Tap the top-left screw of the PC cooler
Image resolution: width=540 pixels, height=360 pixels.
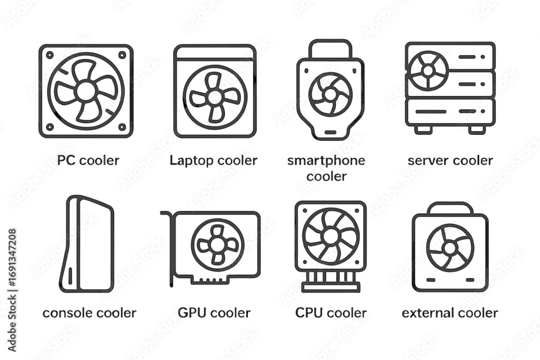50,55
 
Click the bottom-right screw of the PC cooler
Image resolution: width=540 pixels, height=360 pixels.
122,127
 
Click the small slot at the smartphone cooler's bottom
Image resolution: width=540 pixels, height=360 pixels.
330,132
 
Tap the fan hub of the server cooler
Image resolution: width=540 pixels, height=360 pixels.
428,71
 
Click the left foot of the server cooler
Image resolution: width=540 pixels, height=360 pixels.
423,130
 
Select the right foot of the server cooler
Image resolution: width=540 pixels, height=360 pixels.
477,130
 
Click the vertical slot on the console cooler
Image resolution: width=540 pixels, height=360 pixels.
71,276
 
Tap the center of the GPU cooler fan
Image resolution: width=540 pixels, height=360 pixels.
217,245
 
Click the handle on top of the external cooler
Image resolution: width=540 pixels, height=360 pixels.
450,209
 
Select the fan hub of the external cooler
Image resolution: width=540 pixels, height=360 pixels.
450,248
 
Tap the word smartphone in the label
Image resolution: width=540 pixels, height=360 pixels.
326,161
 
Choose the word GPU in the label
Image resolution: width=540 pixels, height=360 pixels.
192,313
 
